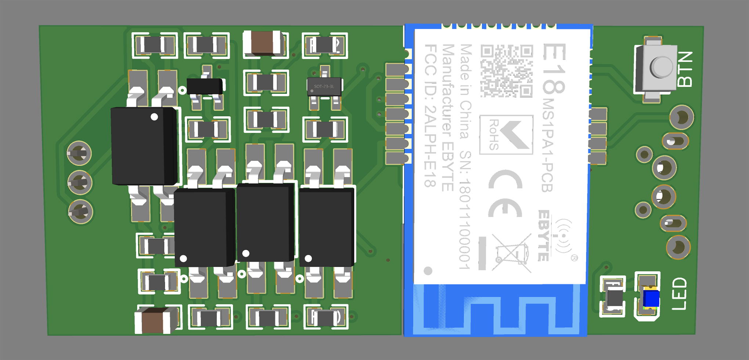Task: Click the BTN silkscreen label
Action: (x=685, y=69)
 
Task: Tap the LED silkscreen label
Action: (x=679, y=294)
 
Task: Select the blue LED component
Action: (x=650, y=298)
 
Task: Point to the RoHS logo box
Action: (x=506, y=135)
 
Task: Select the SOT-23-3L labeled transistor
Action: (x=324, y=87)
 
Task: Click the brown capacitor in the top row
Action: (x=263, y=43)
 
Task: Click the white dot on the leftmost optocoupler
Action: (x=154, y=117)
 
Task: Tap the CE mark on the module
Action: (x=505, y=195)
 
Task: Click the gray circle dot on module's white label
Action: (x=428, y=271)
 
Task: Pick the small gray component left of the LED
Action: (x=612, y=297)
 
